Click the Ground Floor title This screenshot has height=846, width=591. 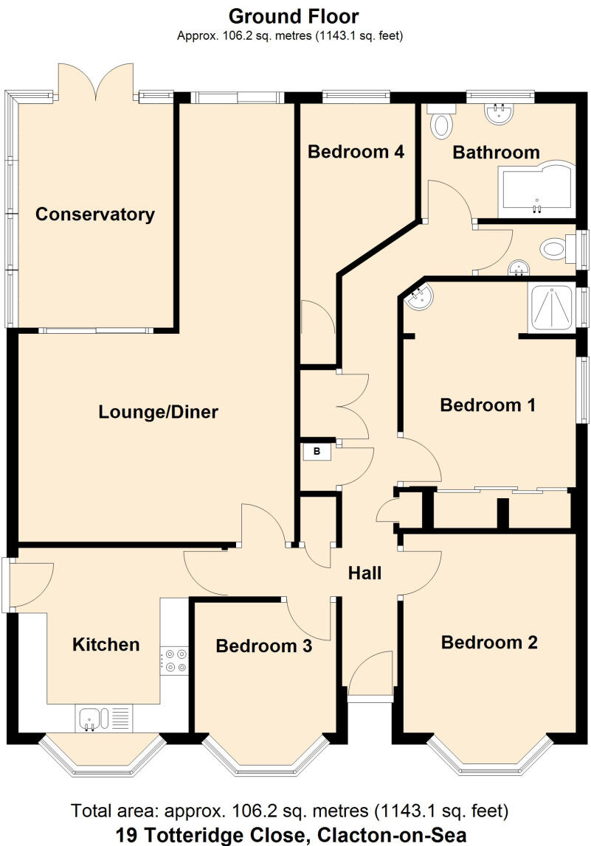[x=293, y=16]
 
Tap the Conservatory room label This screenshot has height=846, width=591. [x=95, y=214]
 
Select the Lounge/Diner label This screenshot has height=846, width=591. [x=158, y=412]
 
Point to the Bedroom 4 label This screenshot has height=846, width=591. [x=356, y=152]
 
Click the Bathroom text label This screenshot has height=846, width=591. [x=496, y=153]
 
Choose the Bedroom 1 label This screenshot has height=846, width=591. [x=487, y=405]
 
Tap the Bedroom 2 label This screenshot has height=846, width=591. [x=488, y=642]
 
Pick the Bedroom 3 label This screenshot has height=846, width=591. [x=263, y=646]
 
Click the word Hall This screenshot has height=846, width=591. [x=364, y=572]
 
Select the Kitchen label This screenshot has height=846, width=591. [x=106, y=644]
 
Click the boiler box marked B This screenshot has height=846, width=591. [x=317, y=452]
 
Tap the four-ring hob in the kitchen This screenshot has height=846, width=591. [x=176, y=660]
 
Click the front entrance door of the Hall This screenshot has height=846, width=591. [x=370, y=677]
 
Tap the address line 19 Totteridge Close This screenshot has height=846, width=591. [x=292, y=835]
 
